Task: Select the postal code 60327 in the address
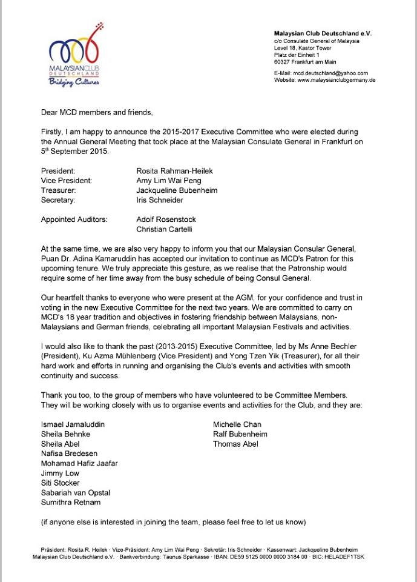click(283, 62)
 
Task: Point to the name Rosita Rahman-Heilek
click(175, 171)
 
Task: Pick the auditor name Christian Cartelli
click(167, 229)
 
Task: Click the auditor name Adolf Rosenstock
click(166, 219)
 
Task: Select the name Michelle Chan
click(237, 424)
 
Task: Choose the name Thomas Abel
click(235, 444)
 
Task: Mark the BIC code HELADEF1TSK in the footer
click(347, 556)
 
